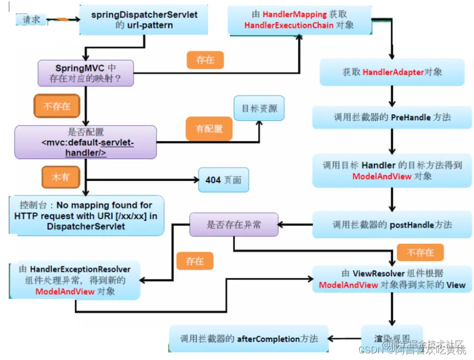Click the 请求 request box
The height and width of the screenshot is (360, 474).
[32, 19]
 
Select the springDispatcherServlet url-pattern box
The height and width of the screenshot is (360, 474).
[144, 20]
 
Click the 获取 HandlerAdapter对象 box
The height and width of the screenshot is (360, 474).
[391, 72]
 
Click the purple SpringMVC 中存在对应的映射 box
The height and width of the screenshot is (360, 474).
[86, 73]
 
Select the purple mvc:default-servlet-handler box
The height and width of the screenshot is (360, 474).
[85, 142]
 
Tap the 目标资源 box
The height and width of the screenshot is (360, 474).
[259, 108]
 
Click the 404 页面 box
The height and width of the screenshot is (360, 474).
[223, 180]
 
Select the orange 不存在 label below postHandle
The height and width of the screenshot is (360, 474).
[420, 252]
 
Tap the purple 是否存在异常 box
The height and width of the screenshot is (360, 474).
[234, 224]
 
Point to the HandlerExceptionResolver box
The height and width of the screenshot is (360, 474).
[75, 280]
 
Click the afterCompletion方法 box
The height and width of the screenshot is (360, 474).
[249, 338]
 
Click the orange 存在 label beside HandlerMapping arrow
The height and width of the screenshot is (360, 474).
[205, 60]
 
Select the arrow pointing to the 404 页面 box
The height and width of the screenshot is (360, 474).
[153, 180]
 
